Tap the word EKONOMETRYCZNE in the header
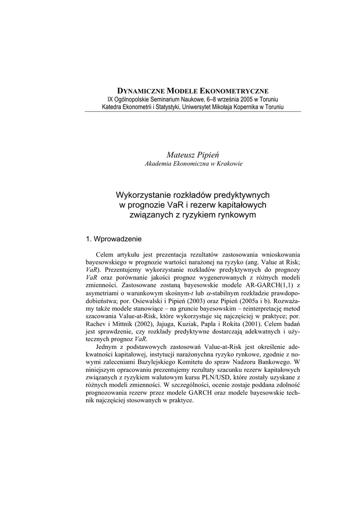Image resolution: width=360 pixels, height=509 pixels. pos(234,91)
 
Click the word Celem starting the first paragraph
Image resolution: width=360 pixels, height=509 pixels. pos(104,254)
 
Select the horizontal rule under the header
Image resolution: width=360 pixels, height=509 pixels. pos(193,111)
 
